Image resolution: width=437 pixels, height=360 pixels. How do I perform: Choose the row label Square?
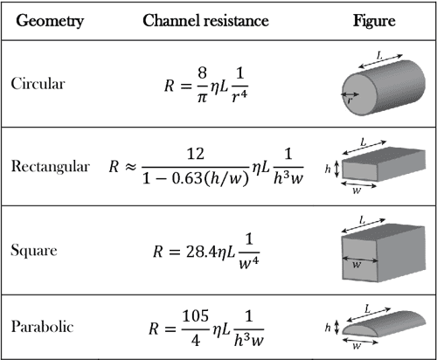(x=35, y=250)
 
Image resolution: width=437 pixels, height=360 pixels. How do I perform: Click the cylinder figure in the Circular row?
(x=376, y=87)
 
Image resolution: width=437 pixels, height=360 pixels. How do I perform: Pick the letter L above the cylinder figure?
(x=378, y=55)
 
